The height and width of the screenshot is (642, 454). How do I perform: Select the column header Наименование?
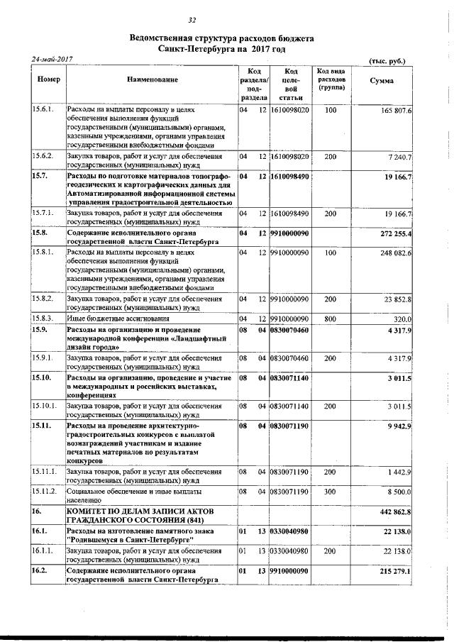pos(153,81)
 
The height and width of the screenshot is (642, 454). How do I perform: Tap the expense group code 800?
pos(330,319)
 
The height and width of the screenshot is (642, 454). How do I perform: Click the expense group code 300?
pos(330,491)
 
